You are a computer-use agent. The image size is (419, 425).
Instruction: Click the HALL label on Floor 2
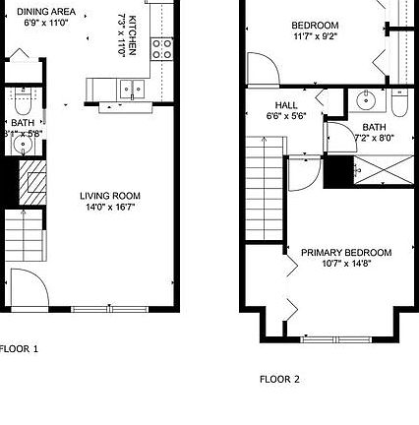[x=286, y=104]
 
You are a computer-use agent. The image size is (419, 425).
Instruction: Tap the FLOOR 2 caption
[x=279, y=379]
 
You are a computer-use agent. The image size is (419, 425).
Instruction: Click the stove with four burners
[x=162, y=49]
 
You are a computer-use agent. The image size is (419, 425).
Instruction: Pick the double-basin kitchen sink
[x=130, y=90]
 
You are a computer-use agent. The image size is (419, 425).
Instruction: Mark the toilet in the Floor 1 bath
[x=22, y=101]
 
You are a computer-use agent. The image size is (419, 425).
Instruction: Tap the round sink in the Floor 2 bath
[x=365, y=100]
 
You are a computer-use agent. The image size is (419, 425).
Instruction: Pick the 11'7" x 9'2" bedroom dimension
[x=315, y=36]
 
